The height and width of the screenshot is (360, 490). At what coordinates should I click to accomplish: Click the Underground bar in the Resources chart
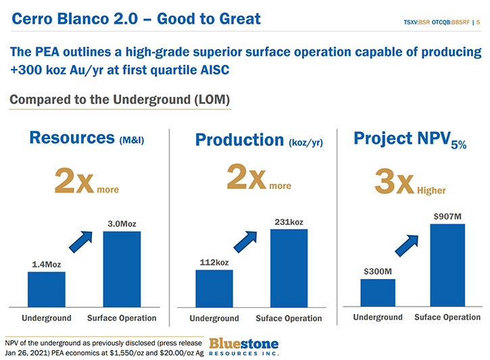[x=47, y=290]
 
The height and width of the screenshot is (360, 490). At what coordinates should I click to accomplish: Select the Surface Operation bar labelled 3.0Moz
[x=122, y=269]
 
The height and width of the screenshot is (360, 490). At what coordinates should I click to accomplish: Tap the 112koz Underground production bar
[x=214, y=289]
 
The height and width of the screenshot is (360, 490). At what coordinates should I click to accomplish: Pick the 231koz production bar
[x=289, y=269]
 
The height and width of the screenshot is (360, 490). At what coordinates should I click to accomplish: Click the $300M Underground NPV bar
[x=378, y=292]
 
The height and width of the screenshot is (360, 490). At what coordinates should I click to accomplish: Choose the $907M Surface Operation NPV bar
[x=447, y=265]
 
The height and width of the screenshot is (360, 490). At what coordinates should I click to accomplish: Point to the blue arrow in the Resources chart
[x=80, y=242]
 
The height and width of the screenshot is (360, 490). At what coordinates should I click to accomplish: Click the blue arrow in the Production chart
[x=245, y=242]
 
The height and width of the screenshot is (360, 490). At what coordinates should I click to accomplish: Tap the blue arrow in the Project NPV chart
[x=407, y=246]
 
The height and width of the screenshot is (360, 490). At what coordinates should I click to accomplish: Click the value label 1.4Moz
[x=47, y=265]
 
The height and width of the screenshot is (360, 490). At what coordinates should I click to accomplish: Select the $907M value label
[x=447, y=216]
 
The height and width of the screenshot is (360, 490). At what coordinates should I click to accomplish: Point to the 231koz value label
[x=289, y=222]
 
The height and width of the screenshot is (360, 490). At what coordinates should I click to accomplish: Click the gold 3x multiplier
[x=395, y=181]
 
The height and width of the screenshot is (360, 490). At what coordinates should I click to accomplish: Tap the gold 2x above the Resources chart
[x=74, y=180]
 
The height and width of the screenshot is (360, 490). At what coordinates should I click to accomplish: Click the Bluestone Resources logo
[x=244, y=347]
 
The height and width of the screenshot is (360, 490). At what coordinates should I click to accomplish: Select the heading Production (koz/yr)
[x=259, y=140]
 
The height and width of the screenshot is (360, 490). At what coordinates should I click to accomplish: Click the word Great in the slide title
[x=240, y=19]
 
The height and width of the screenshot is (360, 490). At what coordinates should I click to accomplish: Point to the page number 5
[x=478, y=22]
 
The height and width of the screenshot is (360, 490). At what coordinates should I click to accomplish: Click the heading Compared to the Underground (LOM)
[x=120, y=99]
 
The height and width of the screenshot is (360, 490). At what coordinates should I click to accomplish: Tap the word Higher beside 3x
[x=431, y=190]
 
